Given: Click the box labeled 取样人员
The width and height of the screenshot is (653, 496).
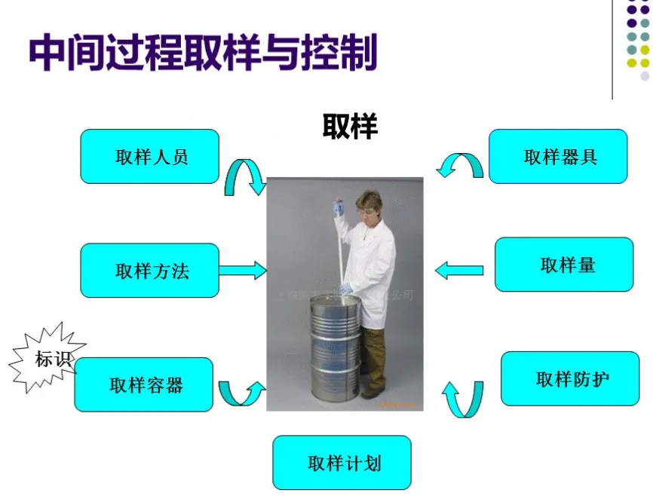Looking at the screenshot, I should (x=150, y=157).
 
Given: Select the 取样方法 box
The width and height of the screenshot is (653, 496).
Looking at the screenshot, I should (x=150, y=271).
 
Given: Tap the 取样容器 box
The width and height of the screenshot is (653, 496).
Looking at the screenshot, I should (x=144, y=384).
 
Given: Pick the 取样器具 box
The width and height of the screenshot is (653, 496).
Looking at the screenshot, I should (x=558, y=157).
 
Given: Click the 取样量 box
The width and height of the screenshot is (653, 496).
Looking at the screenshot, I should (x=564, y=265).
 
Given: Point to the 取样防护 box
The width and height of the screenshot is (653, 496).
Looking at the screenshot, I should (x=570, y=378).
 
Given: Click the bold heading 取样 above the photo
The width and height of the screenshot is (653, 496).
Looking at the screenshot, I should (x=350, y=126).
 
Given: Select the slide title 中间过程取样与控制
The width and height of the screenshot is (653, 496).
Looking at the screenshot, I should (x=204, y=52).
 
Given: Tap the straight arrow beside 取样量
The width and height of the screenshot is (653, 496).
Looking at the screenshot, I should (x=459, y=269).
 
